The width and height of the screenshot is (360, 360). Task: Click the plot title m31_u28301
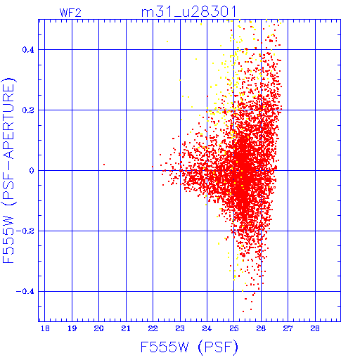pyautogui.click(x=188, y=12)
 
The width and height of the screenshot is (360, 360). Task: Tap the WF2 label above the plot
pyautogui.click(x=70, y=13)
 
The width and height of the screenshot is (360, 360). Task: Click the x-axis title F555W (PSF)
pyautogui.click(x=189, y=347)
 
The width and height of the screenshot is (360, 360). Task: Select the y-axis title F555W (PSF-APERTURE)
pyautogui.click(x=8, y=170)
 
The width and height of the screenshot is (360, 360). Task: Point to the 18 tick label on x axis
pyautogui.click(x=45, y=328)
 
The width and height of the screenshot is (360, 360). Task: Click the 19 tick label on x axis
pyautogui.click(x=72, y=328)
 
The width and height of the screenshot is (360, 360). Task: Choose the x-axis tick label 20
pyautogui.click(x=98, y=328)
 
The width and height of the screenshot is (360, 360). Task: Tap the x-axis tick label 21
pyautogui.click(x=126, y=328)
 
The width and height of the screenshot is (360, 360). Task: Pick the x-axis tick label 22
pyautogui.click(x=153, y=328)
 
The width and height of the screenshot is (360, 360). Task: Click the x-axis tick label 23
pyautogui.click(x=180, y=328)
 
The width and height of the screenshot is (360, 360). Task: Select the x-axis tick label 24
pyautogui.click(x=207, y=328)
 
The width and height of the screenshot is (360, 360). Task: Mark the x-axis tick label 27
pyautogui.click(x=288, y=328)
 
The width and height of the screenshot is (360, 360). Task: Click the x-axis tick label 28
pyautogui.click(x=315, y=328)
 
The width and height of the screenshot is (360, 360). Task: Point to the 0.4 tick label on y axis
pyautogui.click(x=28, y=50)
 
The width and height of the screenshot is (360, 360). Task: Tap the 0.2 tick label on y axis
pyautogui.click(x=28, y=110)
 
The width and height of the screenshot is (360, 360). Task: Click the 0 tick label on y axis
pyautogui.click(x=32, y=171)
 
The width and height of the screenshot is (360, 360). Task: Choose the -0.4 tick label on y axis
pyautogui.click(x=25, y=292)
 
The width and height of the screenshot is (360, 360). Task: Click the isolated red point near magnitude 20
pyautogui.click(x=104, y=165)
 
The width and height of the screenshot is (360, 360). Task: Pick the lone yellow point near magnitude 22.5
pyautogui.click(x=167, y=41)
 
